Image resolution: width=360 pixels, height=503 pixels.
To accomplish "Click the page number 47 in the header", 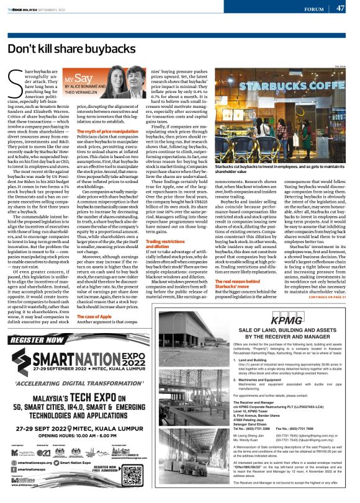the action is [x=340, y=8].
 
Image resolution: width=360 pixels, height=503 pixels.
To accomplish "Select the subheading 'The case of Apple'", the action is [x=94, y=316].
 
